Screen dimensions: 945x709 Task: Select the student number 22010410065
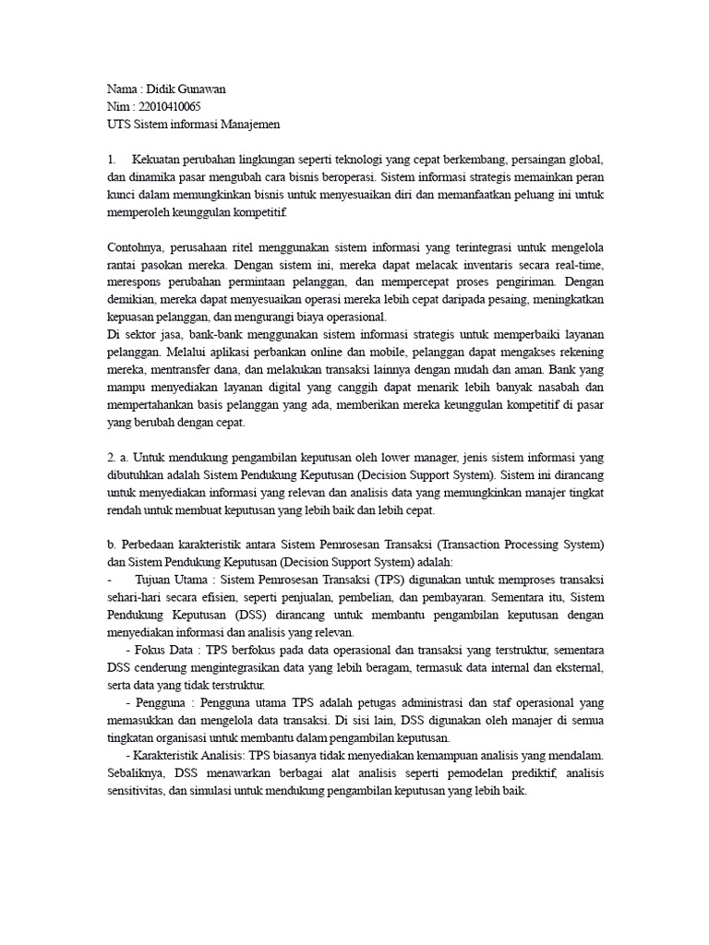[x=169, y=107]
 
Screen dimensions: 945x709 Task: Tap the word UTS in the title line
[x=119, y=125]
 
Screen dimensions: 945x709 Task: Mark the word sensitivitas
[x=136, y=791]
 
